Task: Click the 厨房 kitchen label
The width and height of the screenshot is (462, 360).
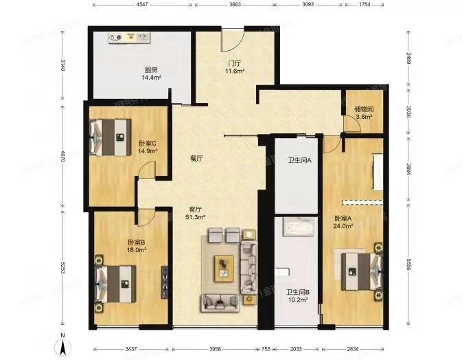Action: tap(150, 69)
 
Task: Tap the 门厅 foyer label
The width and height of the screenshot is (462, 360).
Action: tap(235, 63)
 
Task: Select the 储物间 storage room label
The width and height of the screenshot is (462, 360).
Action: tap(364, 109)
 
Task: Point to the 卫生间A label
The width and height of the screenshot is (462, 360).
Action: tap(300, 161)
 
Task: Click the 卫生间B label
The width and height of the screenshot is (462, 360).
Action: tap(298, 292)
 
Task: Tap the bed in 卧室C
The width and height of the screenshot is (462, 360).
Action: tap(110, 135)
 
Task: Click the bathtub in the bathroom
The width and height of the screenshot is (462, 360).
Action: tap(297, 227)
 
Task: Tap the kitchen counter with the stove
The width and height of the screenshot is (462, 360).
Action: tap(141, 37)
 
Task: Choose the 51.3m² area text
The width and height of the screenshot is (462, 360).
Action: tap(195, 217)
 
